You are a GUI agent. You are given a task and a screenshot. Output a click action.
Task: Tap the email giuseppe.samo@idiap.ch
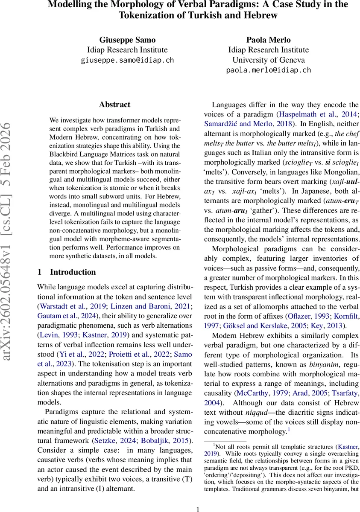click(127, 60)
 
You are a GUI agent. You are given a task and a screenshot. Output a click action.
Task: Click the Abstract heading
click(114, 105)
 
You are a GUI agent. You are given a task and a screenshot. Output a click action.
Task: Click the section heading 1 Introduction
click(67, 272)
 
